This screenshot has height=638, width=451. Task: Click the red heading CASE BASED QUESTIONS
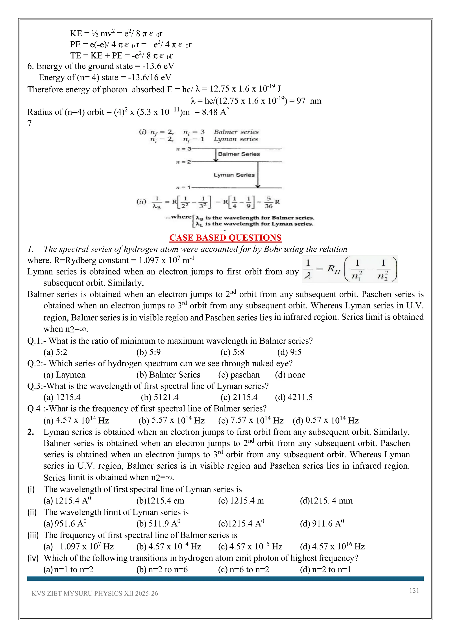click(x=225, y=238)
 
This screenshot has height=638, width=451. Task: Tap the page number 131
click(x=414, y=590)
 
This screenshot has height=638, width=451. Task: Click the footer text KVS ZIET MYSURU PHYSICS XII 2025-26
click(x=95, y=593)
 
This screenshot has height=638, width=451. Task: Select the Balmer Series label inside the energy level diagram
click(x=239, y=154)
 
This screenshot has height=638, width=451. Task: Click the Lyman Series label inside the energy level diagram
click(x=234, y=175)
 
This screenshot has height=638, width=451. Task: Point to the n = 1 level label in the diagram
click(x=183, y=187)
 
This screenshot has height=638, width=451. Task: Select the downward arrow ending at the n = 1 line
click(x=258, y=175)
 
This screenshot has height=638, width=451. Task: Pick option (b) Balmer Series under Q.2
click(x=168, y=375)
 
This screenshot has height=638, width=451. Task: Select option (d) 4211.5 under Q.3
click(x=294, y=397)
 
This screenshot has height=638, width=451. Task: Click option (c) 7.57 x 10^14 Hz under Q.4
click(x=251, y=420)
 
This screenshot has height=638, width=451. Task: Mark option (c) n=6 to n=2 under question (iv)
click(x=244, y=570)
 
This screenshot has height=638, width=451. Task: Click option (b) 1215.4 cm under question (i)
click(x=160, y=501)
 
